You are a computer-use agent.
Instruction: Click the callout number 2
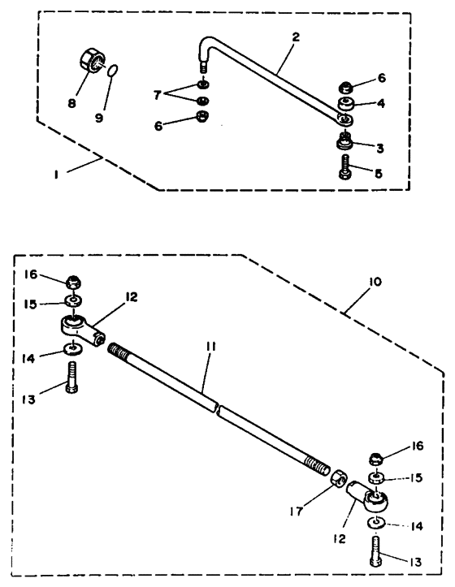pyautogui.click(x=296, y=37)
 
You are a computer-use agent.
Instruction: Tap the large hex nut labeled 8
pyautogui.click(x=92, y=61)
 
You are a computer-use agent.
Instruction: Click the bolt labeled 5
pyautogui.click(x=345, y=166)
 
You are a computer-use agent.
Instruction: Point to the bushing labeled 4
pyautogui.click(x=346, y=105)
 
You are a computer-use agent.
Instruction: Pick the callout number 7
pyautogui.click(x=157, y=96)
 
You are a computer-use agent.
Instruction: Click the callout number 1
pyautogui.click(x=56, y=174)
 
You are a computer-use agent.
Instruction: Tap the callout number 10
pyautogui.click(x=375, y=282)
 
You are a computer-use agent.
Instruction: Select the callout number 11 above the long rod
pyautogui.click(x=210, y=347)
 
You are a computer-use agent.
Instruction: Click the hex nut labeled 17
pyautogui.click(x=338, y=478)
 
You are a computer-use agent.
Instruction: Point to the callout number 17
pyautogui.click(x=297, y=511)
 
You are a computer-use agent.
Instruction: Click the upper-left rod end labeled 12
pyautogui.click(x=82, y=329)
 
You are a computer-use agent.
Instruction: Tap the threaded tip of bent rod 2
pyautogui.click(x=203, y=68)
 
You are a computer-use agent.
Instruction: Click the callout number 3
pyautogui.click(x=380, y=149)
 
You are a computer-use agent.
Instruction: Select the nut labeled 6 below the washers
pyautogui.click(x=202, y=117)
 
